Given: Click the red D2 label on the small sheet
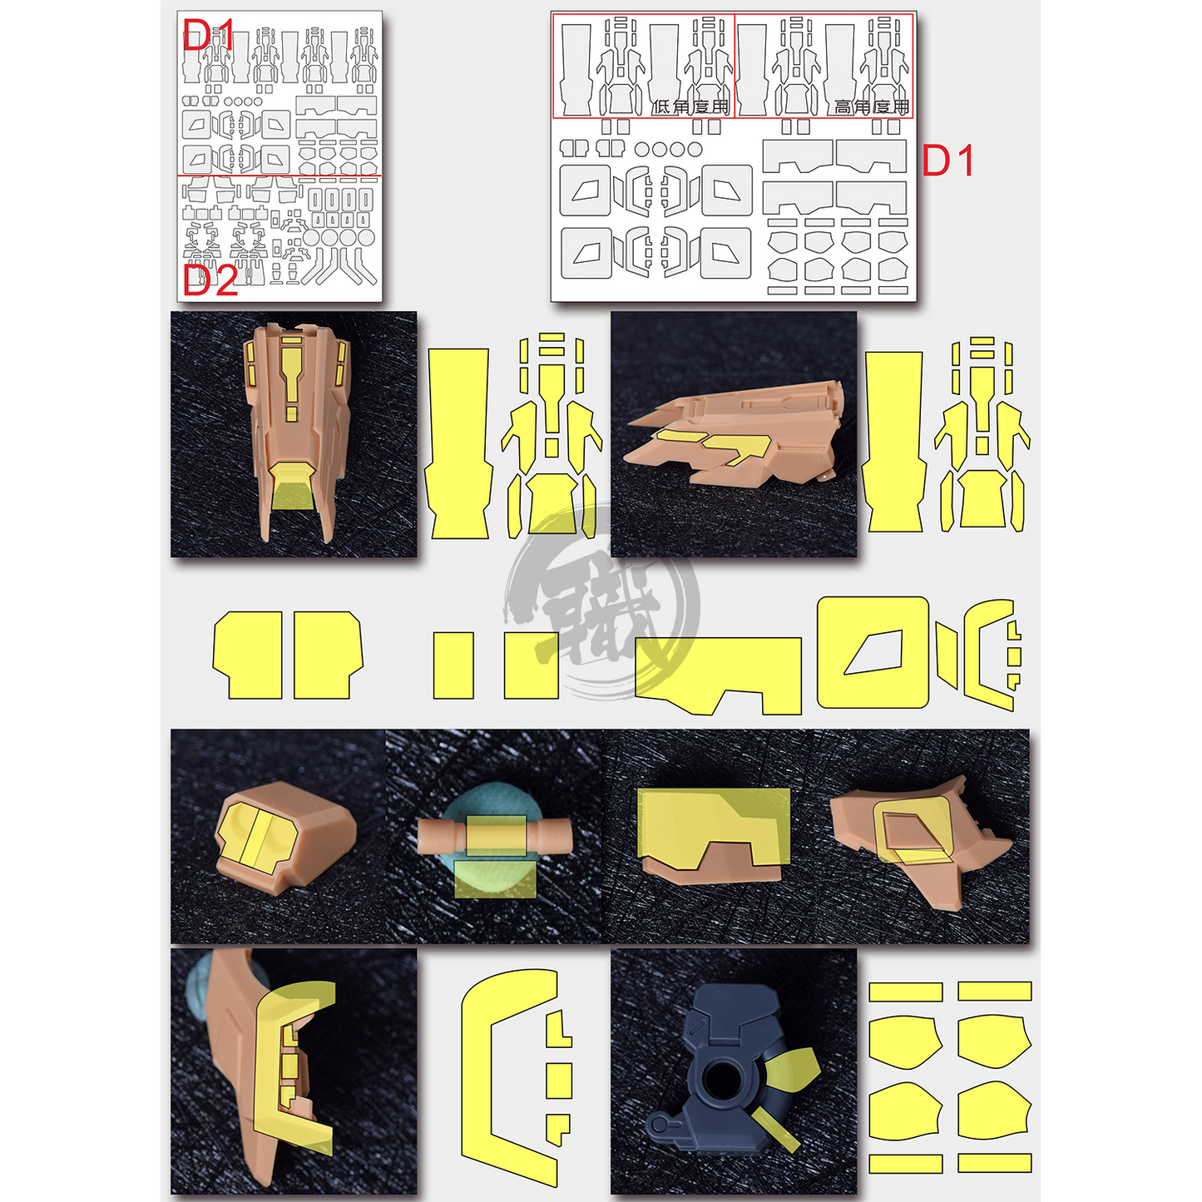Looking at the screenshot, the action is [210, 281].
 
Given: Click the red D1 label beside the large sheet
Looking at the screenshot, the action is [947, 161].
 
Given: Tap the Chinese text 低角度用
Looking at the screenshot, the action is [690, 106].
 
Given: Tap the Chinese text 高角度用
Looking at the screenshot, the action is [872, 106].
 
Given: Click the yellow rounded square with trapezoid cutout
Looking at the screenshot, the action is [873, 652].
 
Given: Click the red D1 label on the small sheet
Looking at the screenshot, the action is [208, 35].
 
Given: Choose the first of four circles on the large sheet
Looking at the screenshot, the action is [642, 150].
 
